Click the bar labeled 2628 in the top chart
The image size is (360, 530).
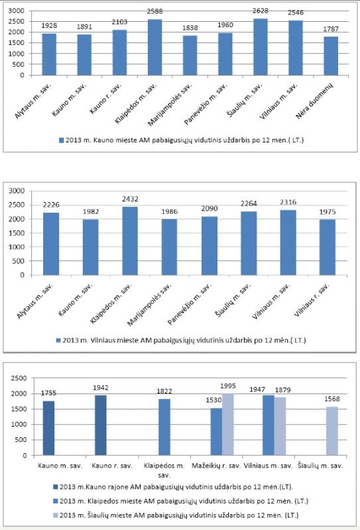[x=260, y=46]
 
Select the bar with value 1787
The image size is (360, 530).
[x=331, y=56]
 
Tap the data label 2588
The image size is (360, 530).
[x=154, y=11]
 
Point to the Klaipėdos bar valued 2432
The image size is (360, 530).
[x=130, y=240]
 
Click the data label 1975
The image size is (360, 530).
[x=328, y=212]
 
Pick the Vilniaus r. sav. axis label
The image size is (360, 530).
[x=311, y=300]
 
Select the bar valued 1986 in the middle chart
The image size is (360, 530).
[x=169, y=247]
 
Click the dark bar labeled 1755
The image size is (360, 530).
[x=48, y=428]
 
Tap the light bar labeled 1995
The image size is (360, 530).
[x=228, y=425]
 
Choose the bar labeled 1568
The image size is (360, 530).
[x=332, y=431]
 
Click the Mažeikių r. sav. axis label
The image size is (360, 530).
[x=216, y=466]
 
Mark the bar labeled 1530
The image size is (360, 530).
[x=217, y=432]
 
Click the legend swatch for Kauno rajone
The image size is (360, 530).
[x=56, y=487]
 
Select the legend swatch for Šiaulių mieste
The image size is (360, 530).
[x=56, y=515]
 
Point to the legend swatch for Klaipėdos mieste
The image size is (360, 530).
[x=56, y=502]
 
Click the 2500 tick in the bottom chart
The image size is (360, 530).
[x=19, y=378]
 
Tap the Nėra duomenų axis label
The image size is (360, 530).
[x=315, y=101]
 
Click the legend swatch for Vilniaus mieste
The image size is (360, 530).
[x=58, y=341]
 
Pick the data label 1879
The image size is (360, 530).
[x=282, y=390]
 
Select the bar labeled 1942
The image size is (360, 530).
[x=101, y=425]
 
